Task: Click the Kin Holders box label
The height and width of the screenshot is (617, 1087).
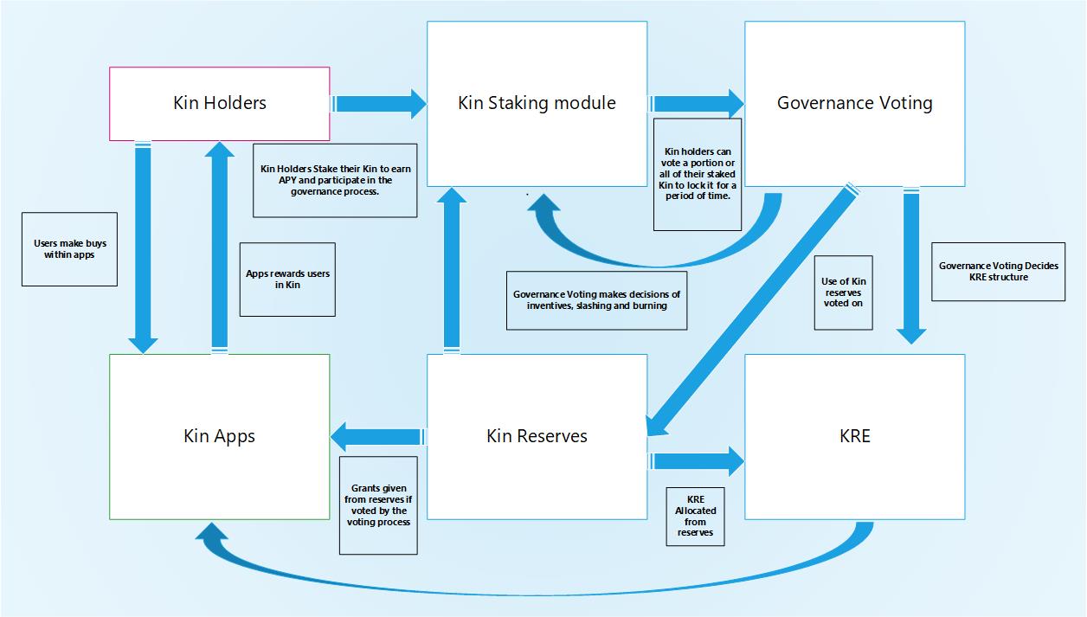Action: coord(220,103)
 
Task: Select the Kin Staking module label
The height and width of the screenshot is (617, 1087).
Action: coord(537,103)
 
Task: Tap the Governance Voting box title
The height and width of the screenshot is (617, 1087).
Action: coord(854,103)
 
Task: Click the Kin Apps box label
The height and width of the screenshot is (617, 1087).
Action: coord(220,435)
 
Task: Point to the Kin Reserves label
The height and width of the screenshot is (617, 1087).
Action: coord(537,435)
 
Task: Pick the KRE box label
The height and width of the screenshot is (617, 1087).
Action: coord(854,435)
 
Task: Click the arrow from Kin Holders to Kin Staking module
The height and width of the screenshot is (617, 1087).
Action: coord(379,104)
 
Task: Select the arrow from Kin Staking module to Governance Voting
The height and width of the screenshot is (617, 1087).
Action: coord(697,104)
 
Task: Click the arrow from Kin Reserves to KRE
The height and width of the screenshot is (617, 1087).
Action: coord(697,461)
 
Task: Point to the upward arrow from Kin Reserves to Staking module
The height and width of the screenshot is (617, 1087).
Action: coord(450,268)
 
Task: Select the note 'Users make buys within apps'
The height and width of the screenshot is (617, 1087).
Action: coord(69,249)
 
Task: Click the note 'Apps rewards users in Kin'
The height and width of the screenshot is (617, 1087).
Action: coord(287,280)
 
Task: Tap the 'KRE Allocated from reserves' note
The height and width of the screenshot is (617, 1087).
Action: coord(695,517)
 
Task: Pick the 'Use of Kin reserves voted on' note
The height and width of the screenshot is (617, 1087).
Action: coord(843,292)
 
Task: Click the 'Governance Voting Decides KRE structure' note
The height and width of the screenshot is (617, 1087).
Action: coord(998,272)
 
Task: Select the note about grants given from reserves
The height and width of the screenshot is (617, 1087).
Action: coord(378,505)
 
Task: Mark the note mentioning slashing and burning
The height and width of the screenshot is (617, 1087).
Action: coord(597,299)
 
